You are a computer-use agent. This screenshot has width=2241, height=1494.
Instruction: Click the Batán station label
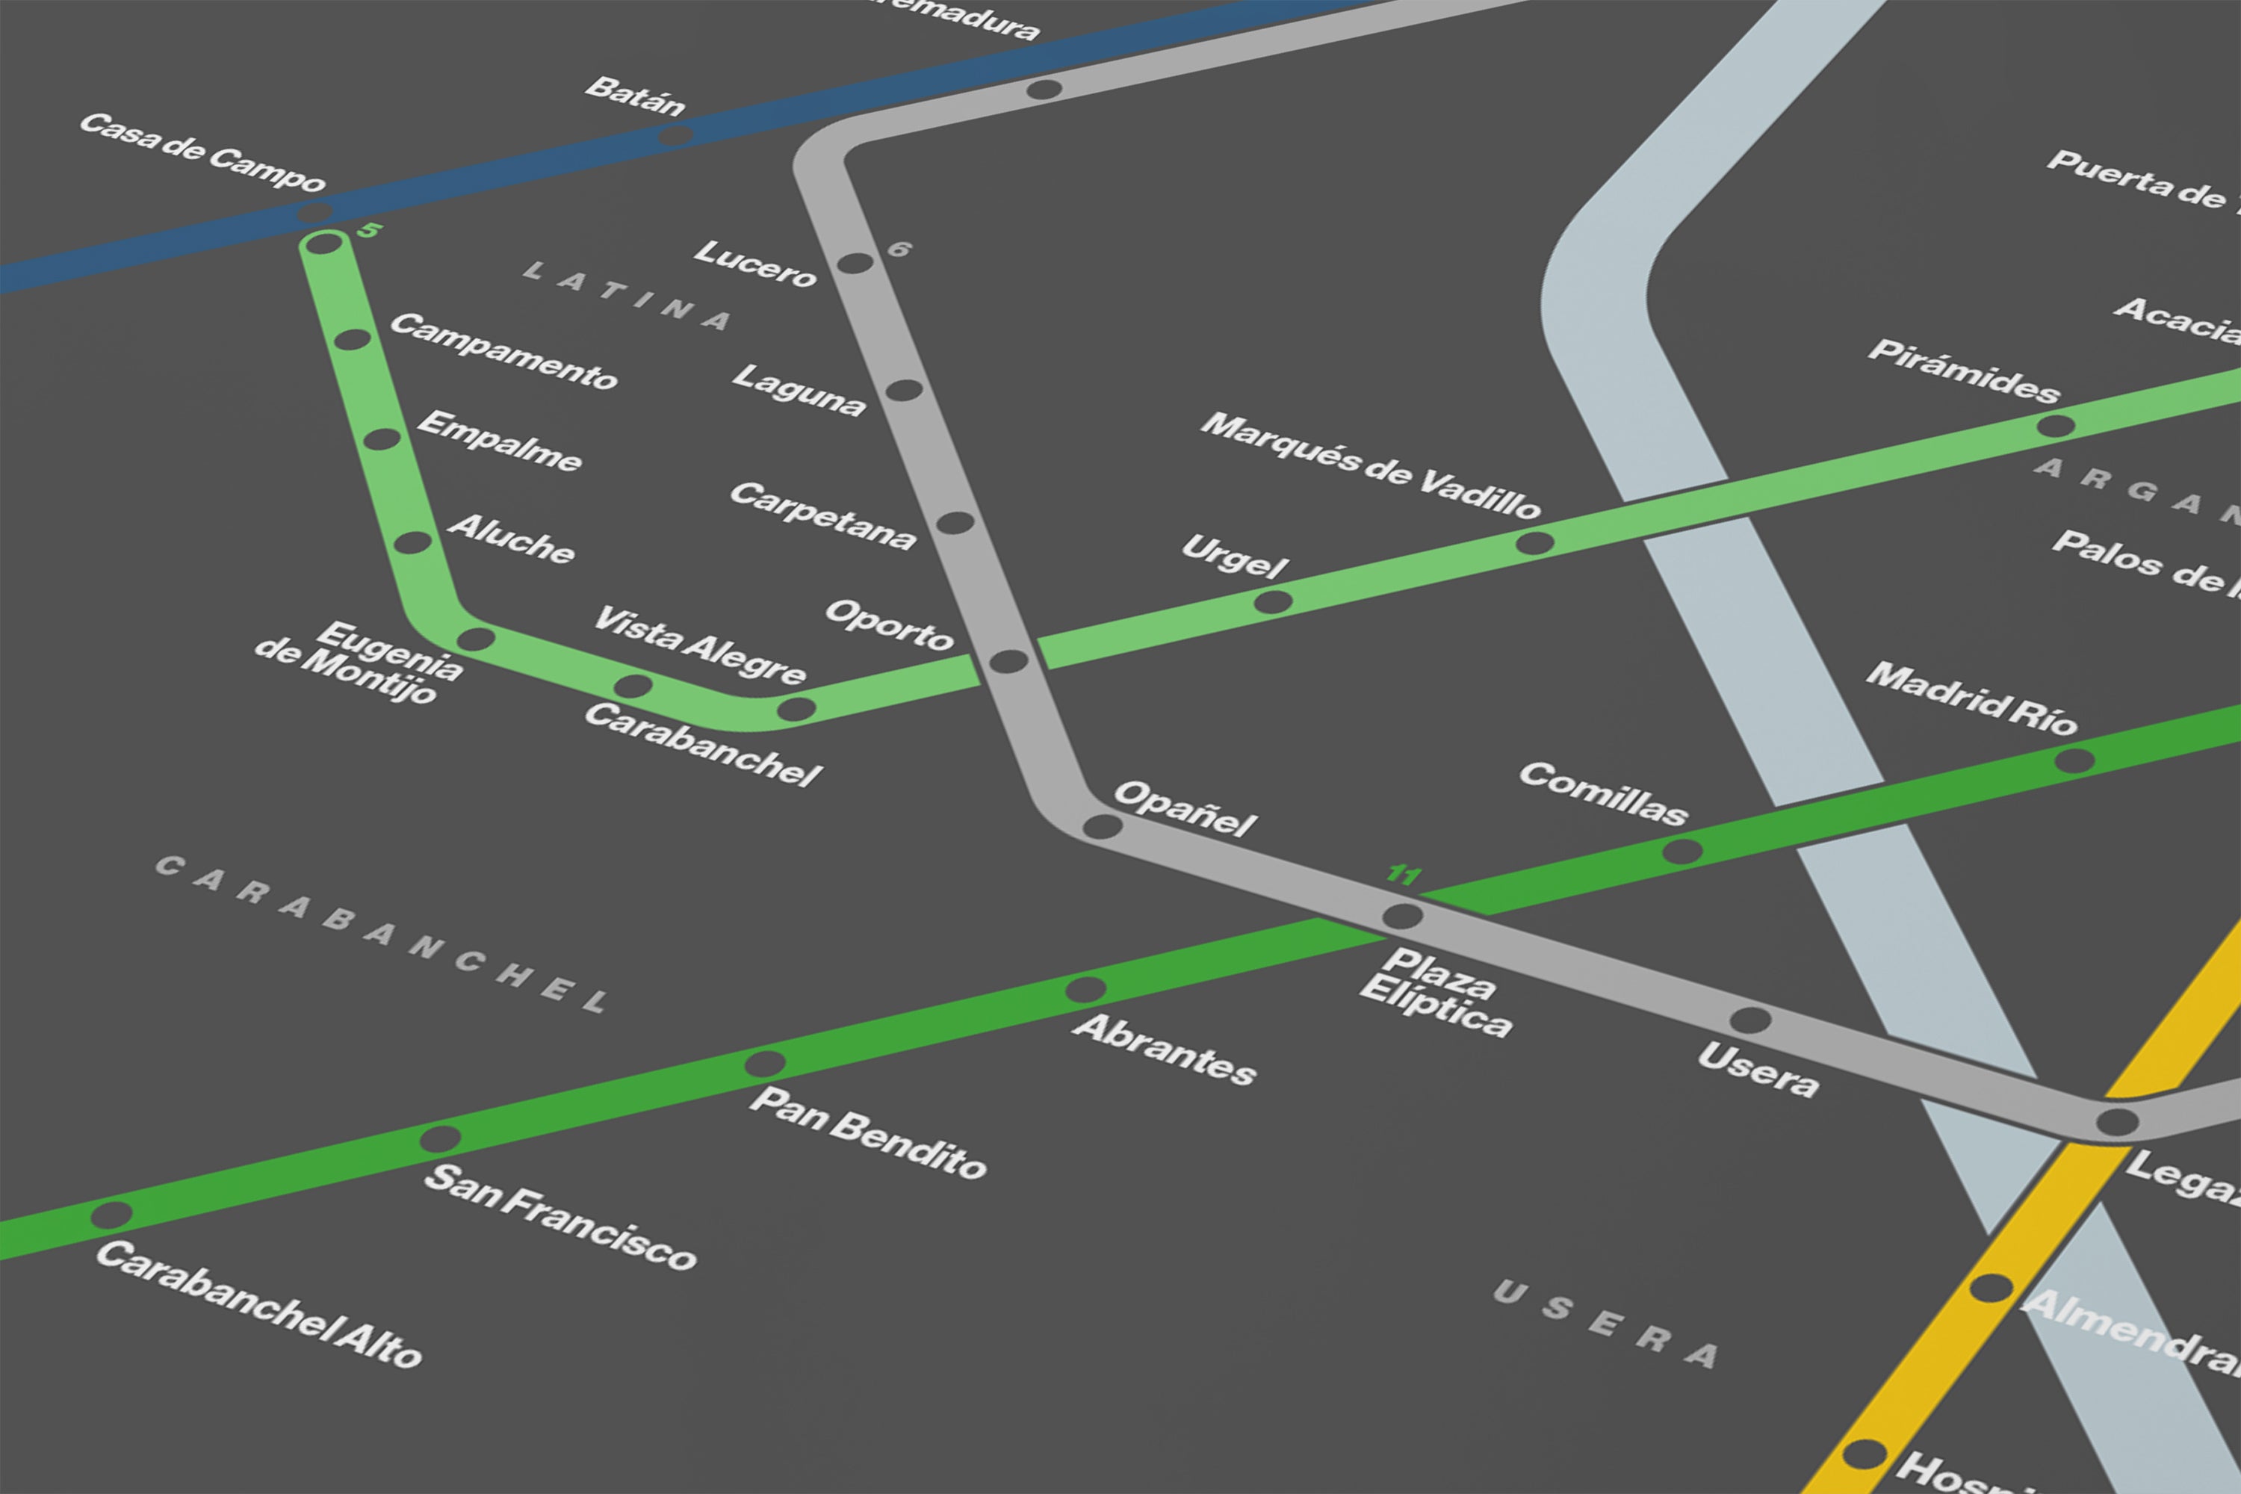(634, 96)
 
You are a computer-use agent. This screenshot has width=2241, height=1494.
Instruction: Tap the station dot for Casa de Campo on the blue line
(315, 211)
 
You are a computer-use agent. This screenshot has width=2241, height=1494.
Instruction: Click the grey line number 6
(899, 249)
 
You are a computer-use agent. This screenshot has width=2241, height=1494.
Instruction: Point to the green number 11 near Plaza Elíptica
(1404, 874)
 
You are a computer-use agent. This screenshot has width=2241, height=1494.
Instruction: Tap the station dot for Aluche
(412, 543)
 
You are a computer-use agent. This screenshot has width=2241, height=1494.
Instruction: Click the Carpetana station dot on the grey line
(955, 523)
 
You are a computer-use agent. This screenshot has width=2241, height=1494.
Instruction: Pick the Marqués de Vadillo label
(1369, 465)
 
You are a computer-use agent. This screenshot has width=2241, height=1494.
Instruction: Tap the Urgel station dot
(1273, 602)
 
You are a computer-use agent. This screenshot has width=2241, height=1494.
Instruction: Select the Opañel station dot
(1103, 826)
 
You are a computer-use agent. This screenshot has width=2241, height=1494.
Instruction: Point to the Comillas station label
(1602, 793)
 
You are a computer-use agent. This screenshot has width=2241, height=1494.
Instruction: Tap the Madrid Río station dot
(2074, 760)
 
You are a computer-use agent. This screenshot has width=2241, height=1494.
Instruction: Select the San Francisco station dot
(440, 1138)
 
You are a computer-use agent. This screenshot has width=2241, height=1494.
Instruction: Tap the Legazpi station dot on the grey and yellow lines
(2117, 1123)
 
